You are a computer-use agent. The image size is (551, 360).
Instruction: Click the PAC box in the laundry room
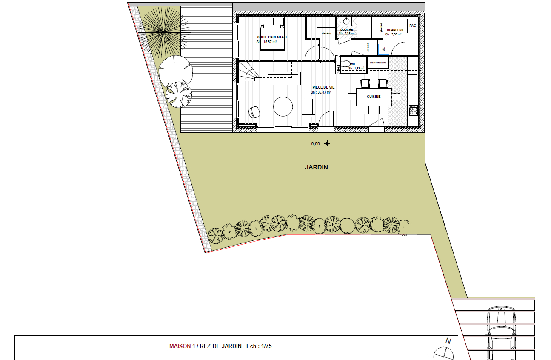coord(412,26)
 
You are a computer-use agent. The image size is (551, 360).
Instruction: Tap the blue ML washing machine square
coord(384,49)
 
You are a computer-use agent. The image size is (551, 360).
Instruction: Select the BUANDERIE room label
coord(395,30)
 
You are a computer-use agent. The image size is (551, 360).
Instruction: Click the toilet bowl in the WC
coord(345,64)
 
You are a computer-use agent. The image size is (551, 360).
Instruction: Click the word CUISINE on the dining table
coord(374,97)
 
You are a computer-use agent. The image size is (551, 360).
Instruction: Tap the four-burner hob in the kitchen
coord(413,111)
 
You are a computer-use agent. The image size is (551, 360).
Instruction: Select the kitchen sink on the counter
coord(412,80)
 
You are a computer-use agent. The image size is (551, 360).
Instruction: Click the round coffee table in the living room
coord(283,106)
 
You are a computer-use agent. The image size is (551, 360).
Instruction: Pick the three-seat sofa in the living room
coord(283,78)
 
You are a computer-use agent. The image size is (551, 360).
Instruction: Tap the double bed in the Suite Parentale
coord(272,34)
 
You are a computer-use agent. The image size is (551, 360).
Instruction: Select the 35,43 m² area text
coord(321,92)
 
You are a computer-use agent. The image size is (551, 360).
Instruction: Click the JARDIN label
coord(317,167)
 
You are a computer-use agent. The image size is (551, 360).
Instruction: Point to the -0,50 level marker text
coord(315,144)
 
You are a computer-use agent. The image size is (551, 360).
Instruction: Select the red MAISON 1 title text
coord(182,346)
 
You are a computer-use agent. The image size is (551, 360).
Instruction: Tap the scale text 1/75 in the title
coord(266,346)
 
